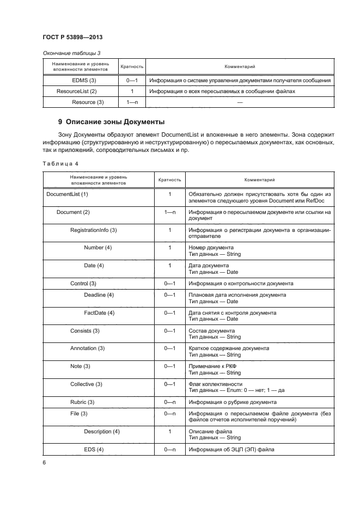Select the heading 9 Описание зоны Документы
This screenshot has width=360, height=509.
point(111,121)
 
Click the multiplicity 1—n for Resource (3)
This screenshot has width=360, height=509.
point(132,102)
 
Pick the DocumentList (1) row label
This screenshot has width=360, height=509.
point(68,194)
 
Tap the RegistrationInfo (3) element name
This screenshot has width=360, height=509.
point(94,230)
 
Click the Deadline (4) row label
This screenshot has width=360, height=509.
point(99,295)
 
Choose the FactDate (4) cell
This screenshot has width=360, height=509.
point(99,312)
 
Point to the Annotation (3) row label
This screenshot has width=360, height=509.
point(87,348)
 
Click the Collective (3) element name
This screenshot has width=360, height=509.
point(86,384)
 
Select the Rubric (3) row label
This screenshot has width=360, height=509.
point(82,402)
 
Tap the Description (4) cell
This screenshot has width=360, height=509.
point(102,432)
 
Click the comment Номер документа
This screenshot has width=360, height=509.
point(210,248)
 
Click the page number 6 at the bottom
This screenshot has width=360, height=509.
point(44,462)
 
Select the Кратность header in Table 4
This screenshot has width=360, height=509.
point(169,179)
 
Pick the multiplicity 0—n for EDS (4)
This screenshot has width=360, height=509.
point(169,449)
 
